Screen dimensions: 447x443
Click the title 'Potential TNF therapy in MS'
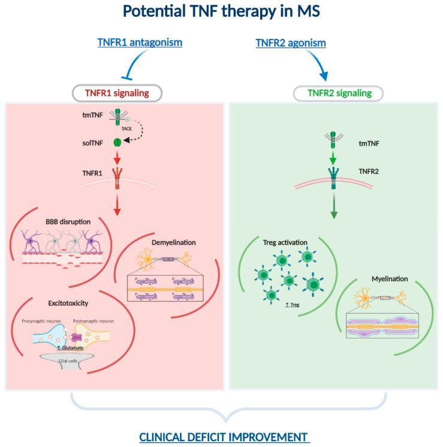click(221, 13)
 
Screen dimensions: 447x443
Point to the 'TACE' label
click(127, 128)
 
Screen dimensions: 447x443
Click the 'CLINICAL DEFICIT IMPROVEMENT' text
click(224, 437)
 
